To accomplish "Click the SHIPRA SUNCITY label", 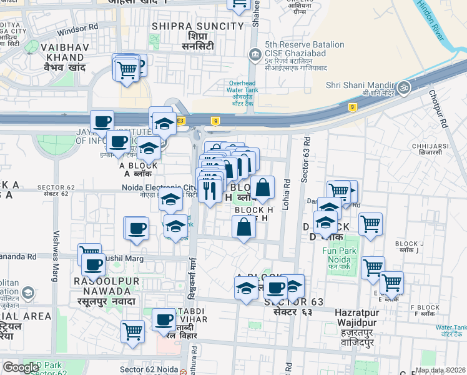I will coord(198,26).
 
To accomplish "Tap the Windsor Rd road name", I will coord(77,28).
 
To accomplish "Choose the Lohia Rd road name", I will coord(287,193).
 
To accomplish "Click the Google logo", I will coord(20,367).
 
